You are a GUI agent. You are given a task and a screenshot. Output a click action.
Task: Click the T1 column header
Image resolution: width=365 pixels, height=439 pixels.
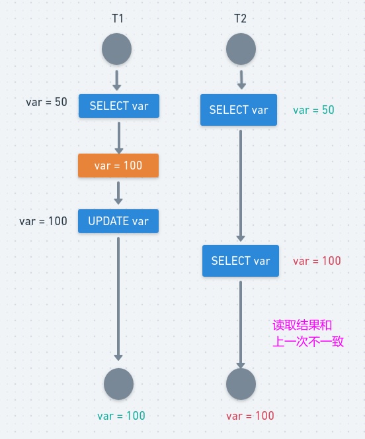118,19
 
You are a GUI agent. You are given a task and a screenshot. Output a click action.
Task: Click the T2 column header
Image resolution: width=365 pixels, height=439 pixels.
240,19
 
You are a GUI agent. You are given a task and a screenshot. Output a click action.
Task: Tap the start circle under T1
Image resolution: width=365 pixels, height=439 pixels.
117,50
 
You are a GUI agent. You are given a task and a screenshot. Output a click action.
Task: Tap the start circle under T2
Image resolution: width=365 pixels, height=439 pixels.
241,50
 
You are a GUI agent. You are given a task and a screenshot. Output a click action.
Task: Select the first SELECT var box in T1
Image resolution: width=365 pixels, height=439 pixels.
119,106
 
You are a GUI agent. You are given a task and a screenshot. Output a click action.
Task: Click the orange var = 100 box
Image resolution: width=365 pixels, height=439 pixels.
118,166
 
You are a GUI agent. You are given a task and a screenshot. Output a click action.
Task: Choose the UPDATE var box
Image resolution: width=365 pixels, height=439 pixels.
118,221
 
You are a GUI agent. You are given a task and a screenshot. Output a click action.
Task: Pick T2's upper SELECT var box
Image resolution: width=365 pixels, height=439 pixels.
239,110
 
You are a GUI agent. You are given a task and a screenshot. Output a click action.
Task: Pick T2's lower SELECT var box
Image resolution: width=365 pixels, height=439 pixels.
241,261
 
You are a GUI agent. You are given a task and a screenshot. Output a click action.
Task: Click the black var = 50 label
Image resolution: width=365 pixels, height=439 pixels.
46,102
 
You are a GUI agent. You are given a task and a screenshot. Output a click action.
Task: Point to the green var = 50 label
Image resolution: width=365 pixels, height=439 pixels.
313,109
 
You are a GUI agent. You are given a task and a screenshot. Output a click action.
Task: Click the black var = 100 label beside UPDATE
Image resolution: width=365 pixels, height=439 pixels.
43,221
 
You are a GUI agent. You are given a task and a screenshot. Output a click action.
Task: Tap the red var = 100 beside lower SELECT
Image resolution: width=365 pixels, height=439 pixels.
317,262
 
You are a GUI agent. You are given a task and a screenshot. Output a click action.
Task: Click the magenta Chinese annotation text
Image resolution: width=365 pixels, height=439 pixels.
308,334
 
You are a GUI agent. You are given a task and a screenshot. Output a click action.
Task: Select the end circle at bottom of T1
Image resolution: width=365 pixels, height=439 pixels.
119,384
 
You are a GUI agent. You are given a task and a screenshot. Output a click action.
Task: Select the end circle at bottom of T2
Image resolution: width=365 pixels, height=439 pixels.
241,384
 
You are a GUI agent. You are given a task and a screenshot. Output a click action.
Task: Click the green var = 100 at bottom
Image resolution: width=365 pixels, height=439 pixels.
121,416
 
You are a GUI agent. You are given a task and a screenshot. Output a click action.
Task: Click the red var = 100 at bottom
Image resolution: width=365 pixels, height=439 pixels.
250,416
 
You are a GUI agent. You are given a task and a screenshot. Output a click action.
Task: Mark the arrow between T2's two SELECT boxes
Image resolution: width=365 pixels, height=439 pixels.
241,185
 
